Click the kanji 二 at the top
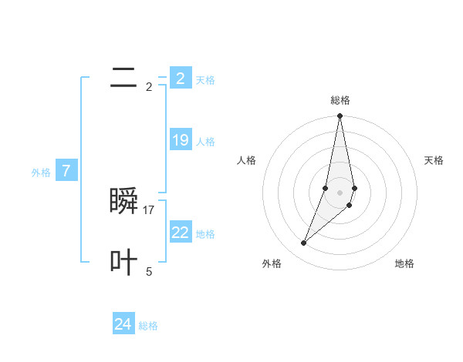[x=123, y=78]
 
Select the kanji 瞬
[x=124, y=201]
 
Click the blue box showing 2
[x=180, y=79]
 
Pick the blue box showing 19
[x=180, y=140]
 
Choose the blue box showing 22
[x=180, y=233]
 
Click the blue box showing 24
[x=123, y=324]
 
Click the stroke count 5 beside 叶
[x=149, y=272]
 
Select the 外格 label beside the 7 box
[x=41, y=173]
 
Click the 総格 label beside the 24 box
[x=148, y=326]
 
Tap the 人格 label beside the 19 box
[x=205, y=142]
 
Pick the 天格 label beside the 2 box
[x=205, y=80]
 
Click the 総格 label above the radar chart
[x=340, y=100]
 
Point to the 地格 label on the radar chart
[x=404, y=263]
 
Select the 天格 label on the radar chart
[x=434, y=160]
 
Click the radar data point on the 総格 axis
[x=340, y=116]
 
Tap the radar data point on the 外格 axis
[x=304, y=243]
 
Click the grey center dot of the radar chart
[x=340, y=193]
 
